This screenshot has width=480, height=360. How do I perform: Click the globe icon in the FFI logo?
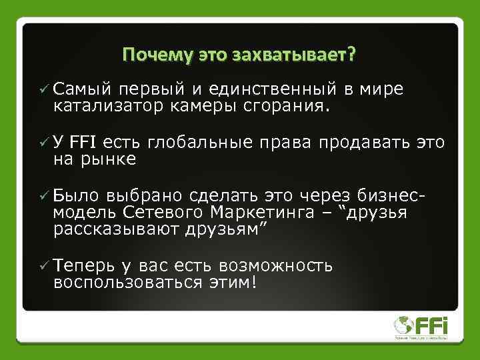404,325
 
